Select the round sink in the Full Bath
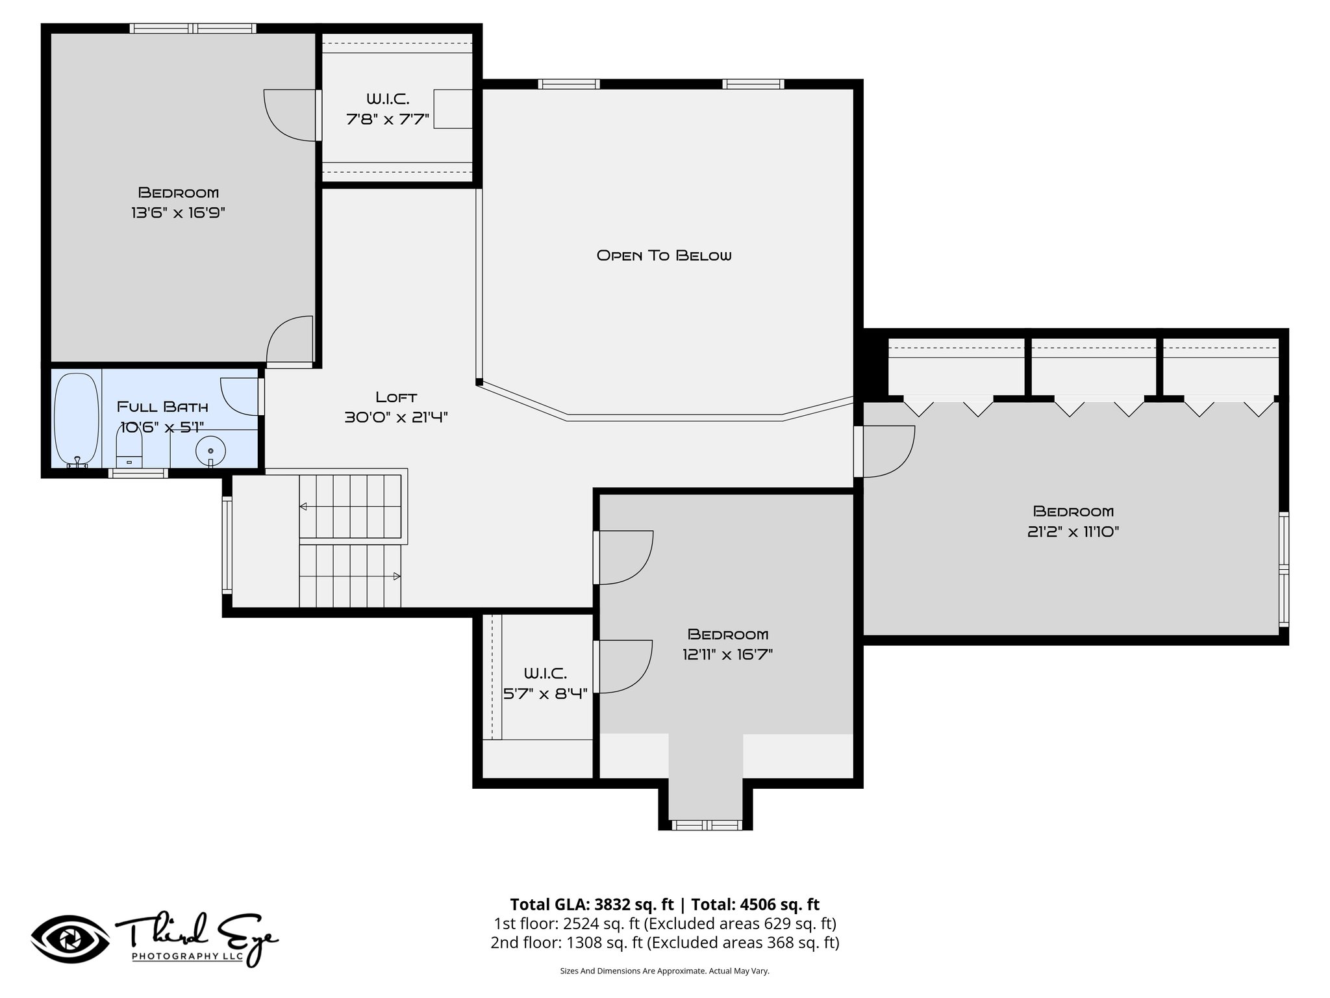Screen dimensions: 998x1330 [x=210, y=450]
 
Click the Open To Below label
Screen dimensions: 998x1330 [x=664, y=255]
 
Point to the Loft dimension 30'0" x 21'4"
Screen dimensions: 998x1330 [x=396, y=417]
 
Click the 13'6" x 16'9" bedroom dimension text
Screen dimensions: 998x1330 [x=178, y=212]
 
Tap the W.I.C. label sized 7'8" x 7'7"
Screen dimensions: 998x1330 [x=388, y=109]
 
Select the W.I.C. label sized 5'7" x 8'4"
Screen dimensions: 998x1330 [x=546, y=683]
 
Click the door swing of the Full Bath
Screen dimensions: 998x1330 [x=239, y=396]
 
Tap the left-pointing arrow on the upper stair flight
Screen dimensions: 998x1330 [x=303, y=507]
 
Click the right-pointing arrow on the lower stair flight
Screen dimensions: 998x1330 [x=396, y=576]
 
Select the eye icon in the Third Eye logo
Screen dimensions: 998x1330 [x=70, y=940]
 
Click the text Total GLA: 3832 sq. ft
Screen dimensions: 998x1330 [x=592, y=904]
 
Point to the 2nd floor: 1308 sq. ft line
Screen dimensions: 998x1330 [x=664, y=942]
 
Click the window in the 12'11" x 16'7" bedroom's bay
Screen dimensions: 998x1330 [x=705, y=825]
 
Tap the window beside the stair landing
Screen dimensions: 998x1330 [x=227, y=544]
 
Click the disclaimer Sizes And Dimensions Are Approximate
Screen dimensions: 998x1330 [x=664, y=971]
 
